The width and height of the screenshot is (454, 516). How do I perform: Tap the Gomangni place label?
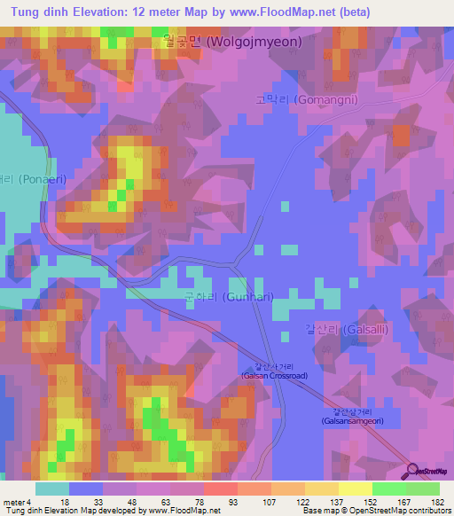pos(306,100)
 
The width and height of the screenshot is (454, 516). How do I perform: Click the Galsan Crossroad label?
pos(274,371)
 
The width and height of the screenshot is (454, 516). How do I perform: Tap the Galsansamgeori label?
pos(354,416)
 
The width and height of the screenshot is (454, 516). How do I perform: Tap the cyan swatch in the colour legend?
pos(52,489)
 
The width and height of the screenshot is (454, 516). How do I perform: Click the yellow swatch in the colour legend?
pos(355,489)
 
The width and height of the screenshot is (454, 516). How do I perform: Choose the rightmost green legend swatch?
pos(422,489)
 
